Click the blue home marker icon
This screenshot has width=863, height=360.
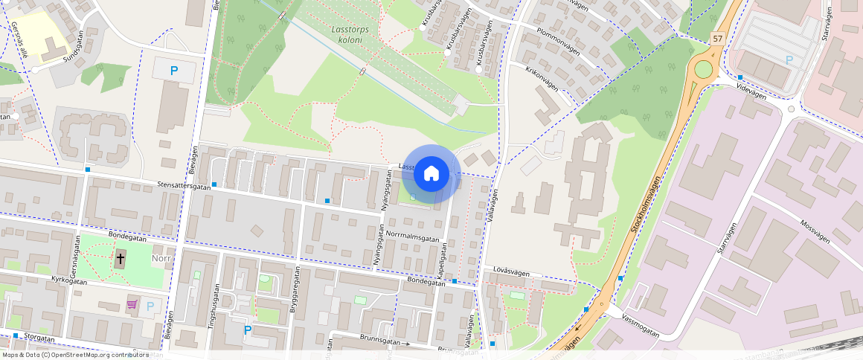(431, 174)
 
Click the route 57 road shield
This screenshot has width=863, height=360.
(716, 39)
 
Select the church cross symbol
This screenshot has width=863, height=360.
(121, 260)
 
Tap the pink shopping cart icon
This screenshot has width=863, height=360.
(132, 305)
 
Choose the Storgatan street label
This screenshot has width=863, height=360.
(39, 337)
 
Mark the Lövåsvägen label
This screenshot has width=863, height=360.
(511, 273)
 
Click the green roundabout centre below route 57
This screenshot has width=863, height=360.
(703, 70)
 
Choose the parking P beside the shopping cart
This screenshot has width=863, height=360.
(150, 306)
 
